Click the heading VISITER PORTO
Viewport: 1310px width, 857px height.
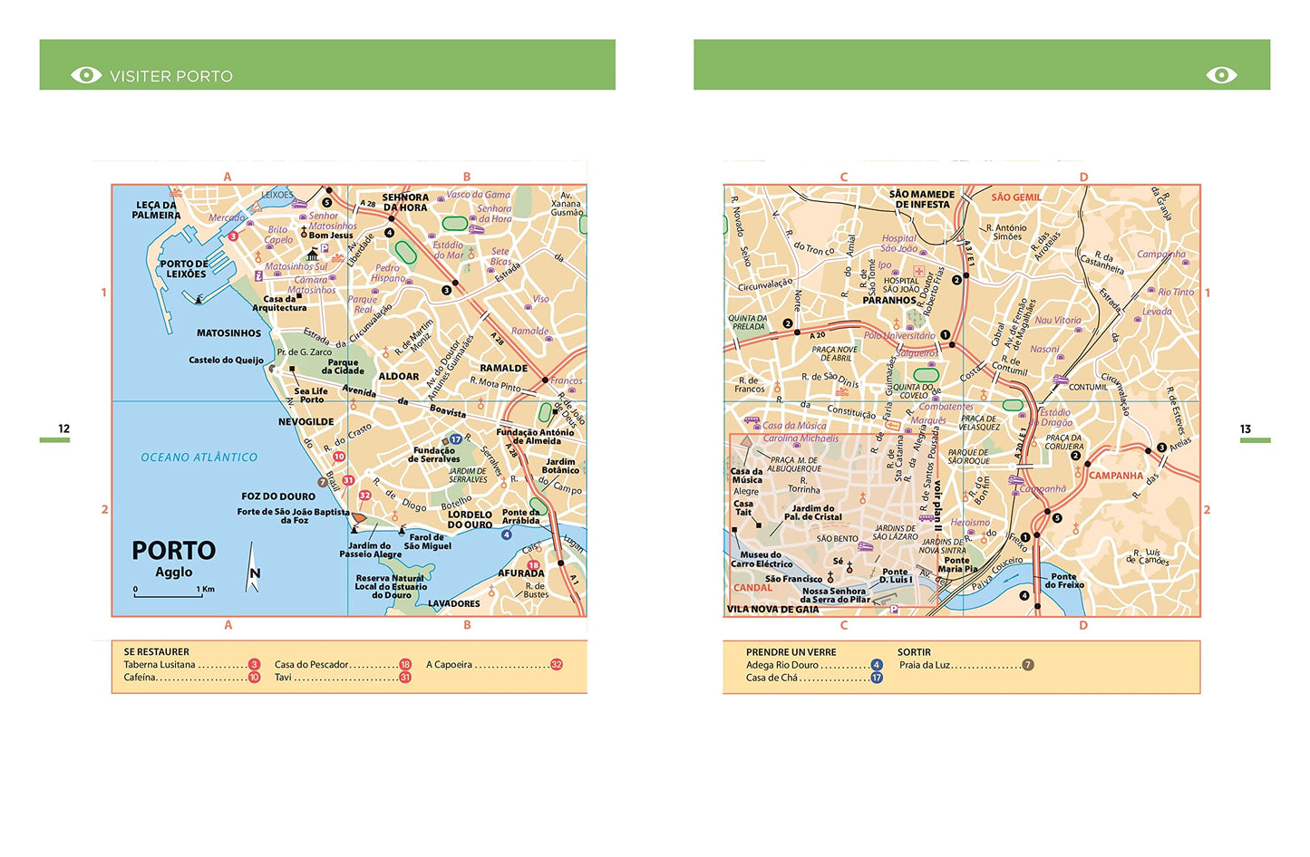tap(170, 76)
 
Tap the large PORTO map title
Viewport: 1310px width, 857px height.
tap(174, 551)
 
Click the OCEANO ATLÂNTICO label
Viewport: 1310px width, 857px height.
tap(199, 457)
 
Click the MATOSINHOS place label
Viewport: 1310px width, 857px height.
tap(228, 333)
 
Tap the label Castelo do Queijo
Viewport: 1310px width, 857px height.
tap(226, 361)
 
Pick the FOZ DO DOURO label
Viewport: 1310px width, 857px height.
tap(278, 496)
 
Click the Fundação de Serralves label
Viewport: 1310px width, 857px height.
tap(434, 455)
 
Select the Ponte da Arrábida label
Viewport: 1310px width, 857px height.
tap(520, 516)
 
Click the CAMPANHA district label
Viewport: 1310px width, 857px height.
tap(1116, 476)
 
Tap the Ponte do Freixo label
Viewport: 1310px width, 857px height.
tap(1063, 581)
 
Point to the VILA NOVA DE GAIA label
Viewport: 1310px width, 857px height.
tap(772, 610)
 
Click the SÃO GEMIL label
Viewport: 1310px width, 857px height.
tap(1015, 197)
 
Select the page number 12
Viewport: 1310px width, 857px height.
tap(63, 428)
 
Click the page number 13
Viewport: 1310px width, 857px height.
tap(1245, 428)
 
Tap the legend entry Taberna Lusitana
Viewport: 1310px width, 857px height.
tap(160, 665)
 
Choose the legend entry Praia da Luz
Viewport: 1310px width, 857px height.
tap(925, 665)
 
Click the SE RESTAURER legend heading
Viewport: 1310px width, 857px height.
tap(157, 651)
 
